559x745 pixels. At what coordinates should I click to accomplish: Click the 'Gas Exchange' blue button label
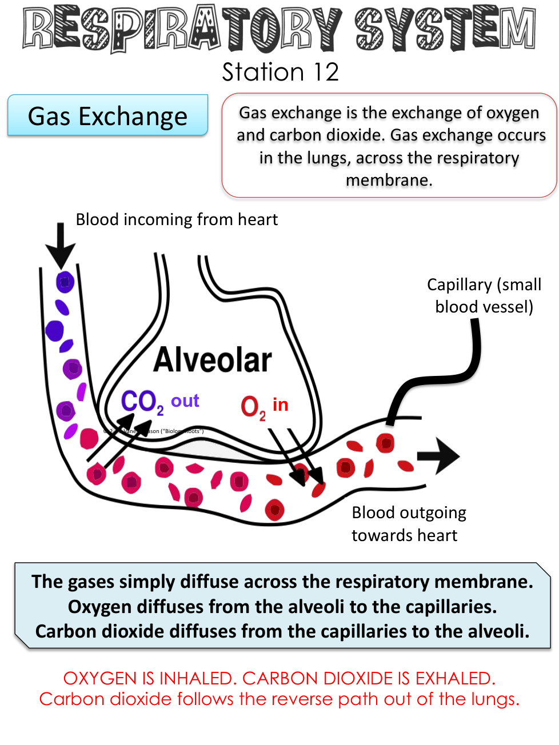pyautogui.click(x=107, y=116)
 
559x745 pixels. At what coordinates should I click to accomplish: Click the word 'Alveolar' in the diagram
pyautogui.click(x=213, y=360)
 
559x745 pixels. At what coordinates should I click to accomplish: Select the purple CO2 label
pyautogui.click(x=142, y=402)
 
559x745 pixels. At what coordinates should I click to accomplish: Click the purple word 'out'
pyautogui.click(x=185, y=400)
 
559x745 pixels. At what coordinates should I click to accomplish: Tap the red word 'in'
pyautogui.click(x=280, y=404)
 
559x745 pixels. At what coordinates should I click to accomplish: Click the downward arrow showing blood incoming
pyautogui.click(x=61, y=246)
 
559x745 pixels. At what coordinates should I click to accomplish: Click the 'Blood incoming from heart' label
pyautogui.click(x=177, y=219)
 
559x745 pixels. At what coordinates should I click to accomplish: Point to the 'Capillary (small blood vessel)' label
pyautogui.click(x=484, y=295)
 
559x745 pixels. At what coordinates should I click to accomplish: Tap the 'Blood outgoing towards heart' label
pyautogui.click(x=408, y=524)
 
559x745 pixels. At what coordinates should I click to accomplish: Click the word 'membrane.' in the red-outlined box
pyautogui.click(x=389, y=180)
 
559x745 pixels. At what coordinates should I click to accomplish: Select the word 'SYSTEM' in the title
pyautogui.click(x=445, y=29)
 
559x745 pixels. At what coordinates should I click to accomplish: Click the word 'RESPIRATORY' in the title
pyautogui.click(x=183, y=29)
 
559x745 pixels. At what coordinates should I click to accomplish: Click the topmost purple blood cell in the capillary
pyautogui.click(x=65, y=282)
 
